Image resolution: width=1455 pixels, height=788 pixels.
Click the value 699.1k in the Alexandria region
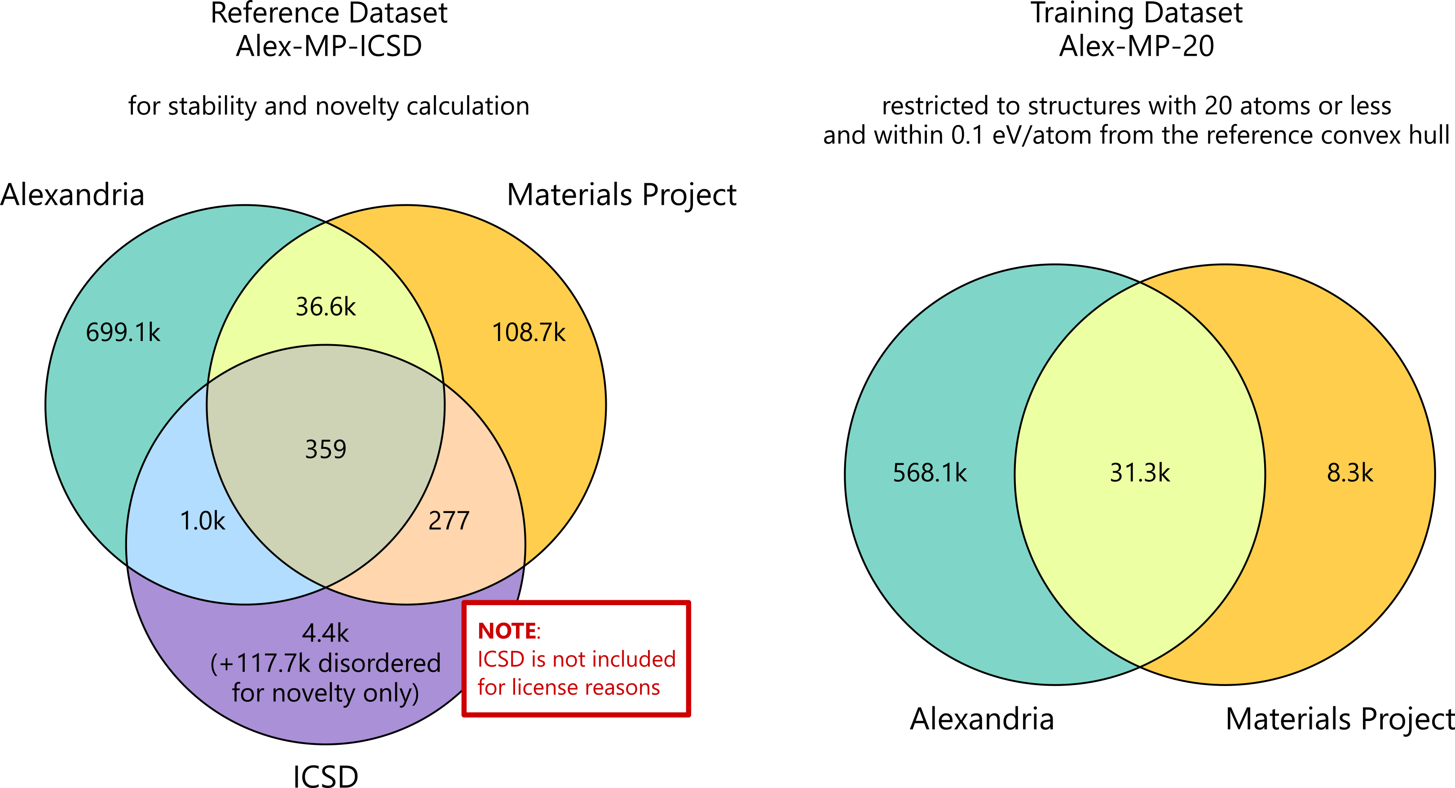pyautogui.click(x=123, y=332)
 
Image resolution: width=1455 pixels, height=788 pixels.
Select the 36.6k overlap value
pyautogui.click(x=326, y=307)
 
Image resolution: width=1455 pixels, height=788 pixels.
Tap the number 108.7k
pyautogui.click(x=529, y=332)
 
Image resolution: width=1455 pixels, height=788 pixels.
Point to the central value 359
pyautogui.click(x=326, y=450)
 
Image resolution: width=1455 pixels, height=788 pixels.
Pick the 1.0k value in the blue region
pyautogui.click(x=202, y=521)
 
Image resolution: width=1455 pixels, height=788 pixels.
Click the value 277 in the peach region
pyautogui.click(x=449, y=521)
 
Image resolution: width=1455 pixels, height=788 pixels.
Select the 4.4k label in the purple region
pyautogui.click(x=326, y=633)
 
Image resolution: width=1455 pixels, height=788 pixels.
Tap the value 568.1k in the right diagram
pyautogui.click(x=930, y=473)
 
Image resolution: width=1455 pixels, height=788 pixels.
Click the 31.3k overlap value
pyautogui.click(x=1140, y=473)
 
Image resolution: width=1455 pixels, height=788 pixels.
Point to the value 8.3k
pyautogui.click(x=1350, y=473)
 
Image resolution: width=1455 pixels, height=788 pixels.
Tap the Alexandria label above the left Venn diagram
pyautogui.click(x=72, y=195)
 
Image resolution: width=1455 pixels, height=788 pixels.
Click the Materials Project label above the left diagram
pyautogui.click(x=622, y=195)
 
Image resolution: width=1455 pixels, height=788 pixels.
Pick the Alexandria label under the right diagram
pyautogui.click(x=982, y=719)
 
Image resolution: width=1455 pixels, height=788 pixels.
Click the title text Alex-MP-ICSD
pyautogui.click(x=329, y=46)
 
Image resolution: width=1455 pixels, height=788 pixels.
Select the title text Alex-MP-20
pyautogui.click(x=1137, y=46)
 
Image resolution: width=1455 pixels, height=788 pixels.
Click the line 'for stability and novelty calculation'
pyautogui.click(x=329, y=106)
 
